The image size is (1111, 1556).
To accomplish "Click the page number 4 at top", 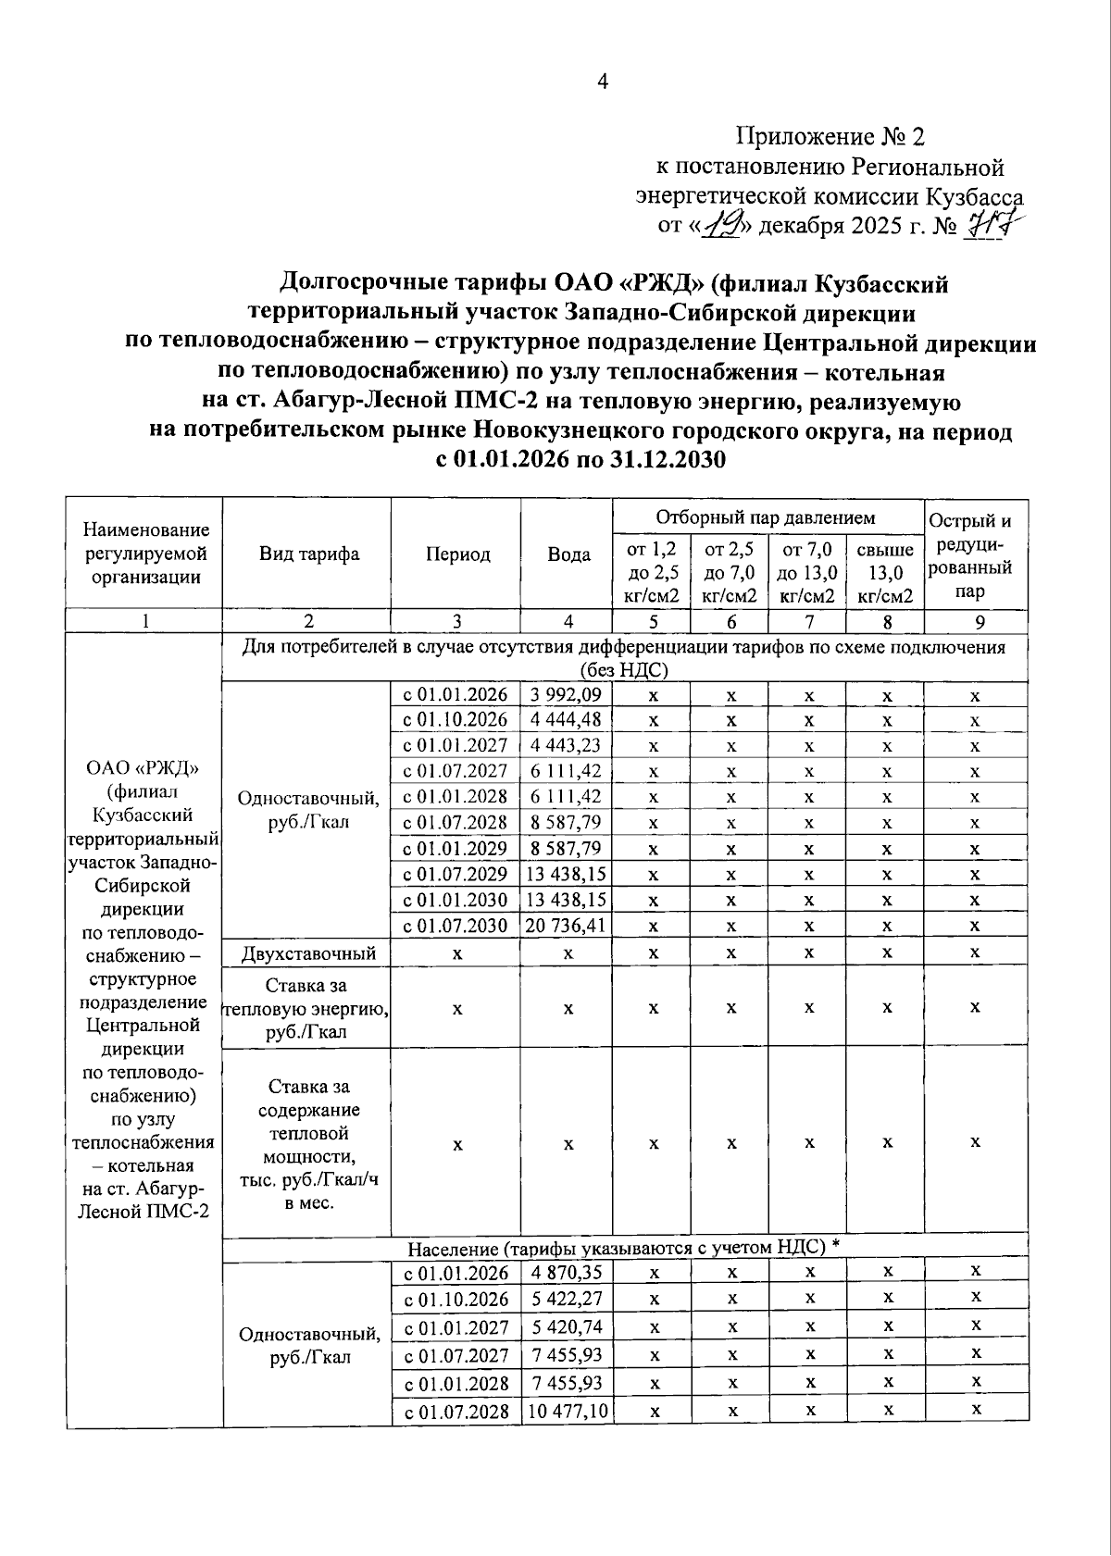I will pyautogui.click(x=603, y=82).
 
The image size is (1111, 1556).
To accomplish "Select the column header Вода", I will pyautogui.click(x=568, y=554).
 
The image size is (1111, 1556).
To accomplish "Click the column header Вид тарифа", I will pyautogui.click(x=308, y=554).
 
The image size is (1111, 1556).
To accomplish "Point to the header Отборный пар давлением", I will pyautogui.click(x=765, y=517).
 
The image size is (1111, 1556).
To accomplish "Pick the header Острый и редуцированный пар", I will pyautogui.click(x=975, y=554).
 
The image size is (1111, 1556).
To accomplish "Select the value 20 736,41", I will pyautogui.click(x=566, y=925).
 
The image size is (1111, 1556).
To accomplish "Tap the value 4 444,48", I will pyautogui.click(x=566, y=720).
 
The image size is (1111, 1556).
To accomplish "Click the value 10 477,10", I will pyautogui.click(x=566, y=1411).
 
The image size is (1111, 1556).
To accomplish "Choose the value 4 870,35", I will pyautogui.click(x=566, y=1273).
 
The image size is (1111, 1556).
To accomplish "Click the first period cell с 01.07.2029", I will pyautogui.click(x=455, y=874).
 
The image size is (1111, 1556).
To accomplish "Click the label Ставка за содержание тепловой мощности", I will pyautogui.click(x=308, y=1144).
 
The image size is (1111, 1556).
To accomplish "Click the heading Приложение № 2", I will pyautogui.click(x=830, y=137).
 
